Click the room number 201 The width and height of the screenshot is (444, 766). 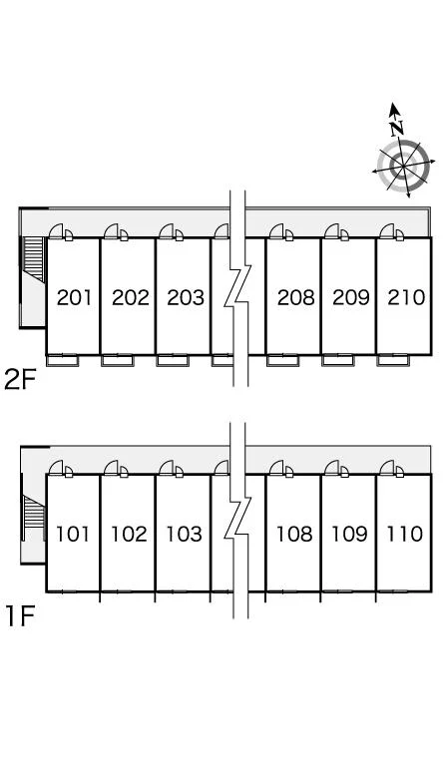click(74, 297)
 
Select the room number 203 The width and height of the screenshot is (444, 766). click(186, 297)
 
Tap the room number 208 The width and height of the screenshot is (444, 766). click(296, 297)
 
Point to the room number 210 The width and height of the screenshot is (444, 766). click(406, 297)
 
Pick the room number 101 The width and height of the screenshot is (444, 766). click(73, 534)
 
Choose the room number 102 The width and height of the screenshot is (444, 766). click(129, 534)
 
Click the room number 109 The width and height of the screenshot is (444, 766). click(349, 534)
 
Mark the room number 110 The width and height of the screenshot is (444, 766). click(405, 534)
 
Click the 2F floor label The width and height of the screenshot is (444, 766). click(21, 380)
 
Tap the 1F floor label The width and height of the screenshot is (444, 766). click(20, 616)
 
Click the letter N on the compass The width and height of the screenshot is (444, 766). click(397, 128)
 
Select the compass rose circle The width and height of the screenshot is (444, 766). click(404, 167)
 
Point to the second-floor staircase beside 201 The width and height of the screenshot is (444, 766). click(34, 259)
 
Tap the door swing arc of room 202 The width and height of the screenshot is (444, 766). click(112, 231)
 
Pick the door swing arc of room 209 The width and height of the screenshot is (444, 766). click(332, 231)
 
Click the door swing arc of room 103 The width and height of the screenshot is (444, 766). click(167, 468)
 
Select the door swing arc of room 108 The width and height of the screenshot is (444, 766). click(277, 468)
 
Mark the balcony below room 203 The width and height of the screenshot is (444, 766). click(173, 360)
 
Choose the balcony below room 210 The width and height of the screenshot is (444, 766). click(394, 360)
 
